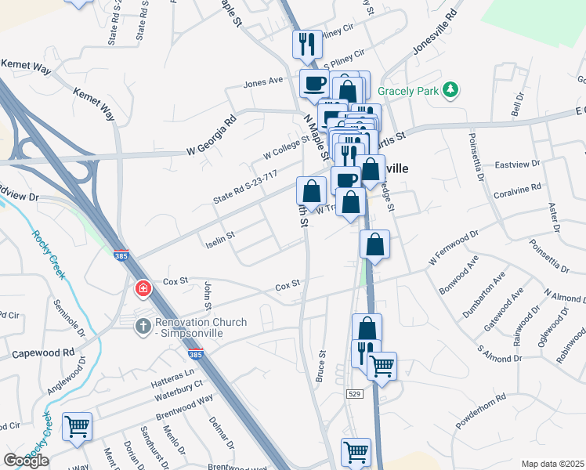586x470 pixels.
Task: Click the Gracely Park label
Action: click(x=407, y=91)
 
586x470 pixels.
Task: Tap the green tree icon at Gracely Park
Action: click(x=450, y=91)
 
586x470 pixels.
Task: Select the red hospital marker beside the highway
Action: click(x=143, y=289)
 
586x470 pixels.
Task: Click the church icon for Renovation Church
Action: click(x=143, y=324)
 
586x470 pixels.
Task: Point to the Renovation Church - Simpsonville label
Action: click(x=201, y=328)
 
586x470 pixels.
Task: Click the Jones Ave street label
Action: click(x=262, y=81)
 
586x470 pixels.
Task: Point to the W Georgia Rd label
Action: click(x=211, y=134)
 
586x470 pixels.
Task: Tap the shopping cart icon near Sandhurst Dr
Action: click(x=77, y=427)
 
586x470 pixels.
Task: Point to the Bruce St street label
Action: click(x=320, y=366)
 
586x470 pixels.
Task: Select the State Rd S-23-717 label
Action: click(x=245, y=190)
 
